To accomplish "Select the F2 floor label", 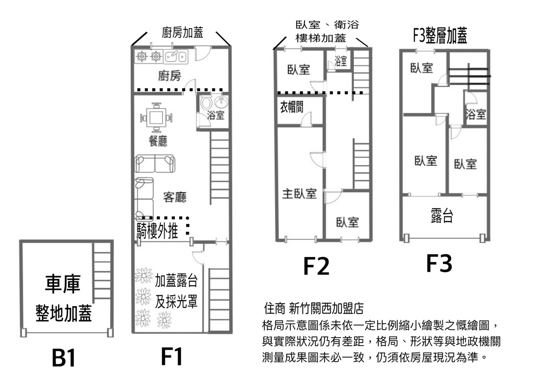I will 316,266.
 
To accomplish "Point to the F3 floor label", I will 439,263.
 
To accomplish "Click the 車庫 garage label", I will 62,284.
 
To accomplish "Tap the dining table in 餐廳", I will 156,117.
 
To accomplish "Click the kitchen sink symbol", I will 175,56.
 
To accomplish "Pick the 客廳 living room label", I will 175,197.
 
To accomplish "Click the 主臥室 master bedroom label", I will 299,194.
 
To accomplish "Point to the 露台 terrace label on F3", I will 442,216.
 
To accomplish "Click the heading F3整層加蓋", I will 440,35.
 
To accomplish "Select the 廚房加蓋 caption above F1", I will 182,33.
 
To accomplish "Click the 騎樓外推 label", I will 157,231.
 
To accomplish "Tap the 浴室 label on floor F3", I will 476,114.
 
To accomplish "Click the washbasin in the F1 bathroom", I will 221,102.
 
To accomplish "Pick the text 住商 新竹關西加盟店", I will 313,308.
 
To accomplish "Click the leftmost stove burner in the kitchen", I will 142,56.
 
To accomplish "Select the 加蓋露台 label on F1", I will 176,281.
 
